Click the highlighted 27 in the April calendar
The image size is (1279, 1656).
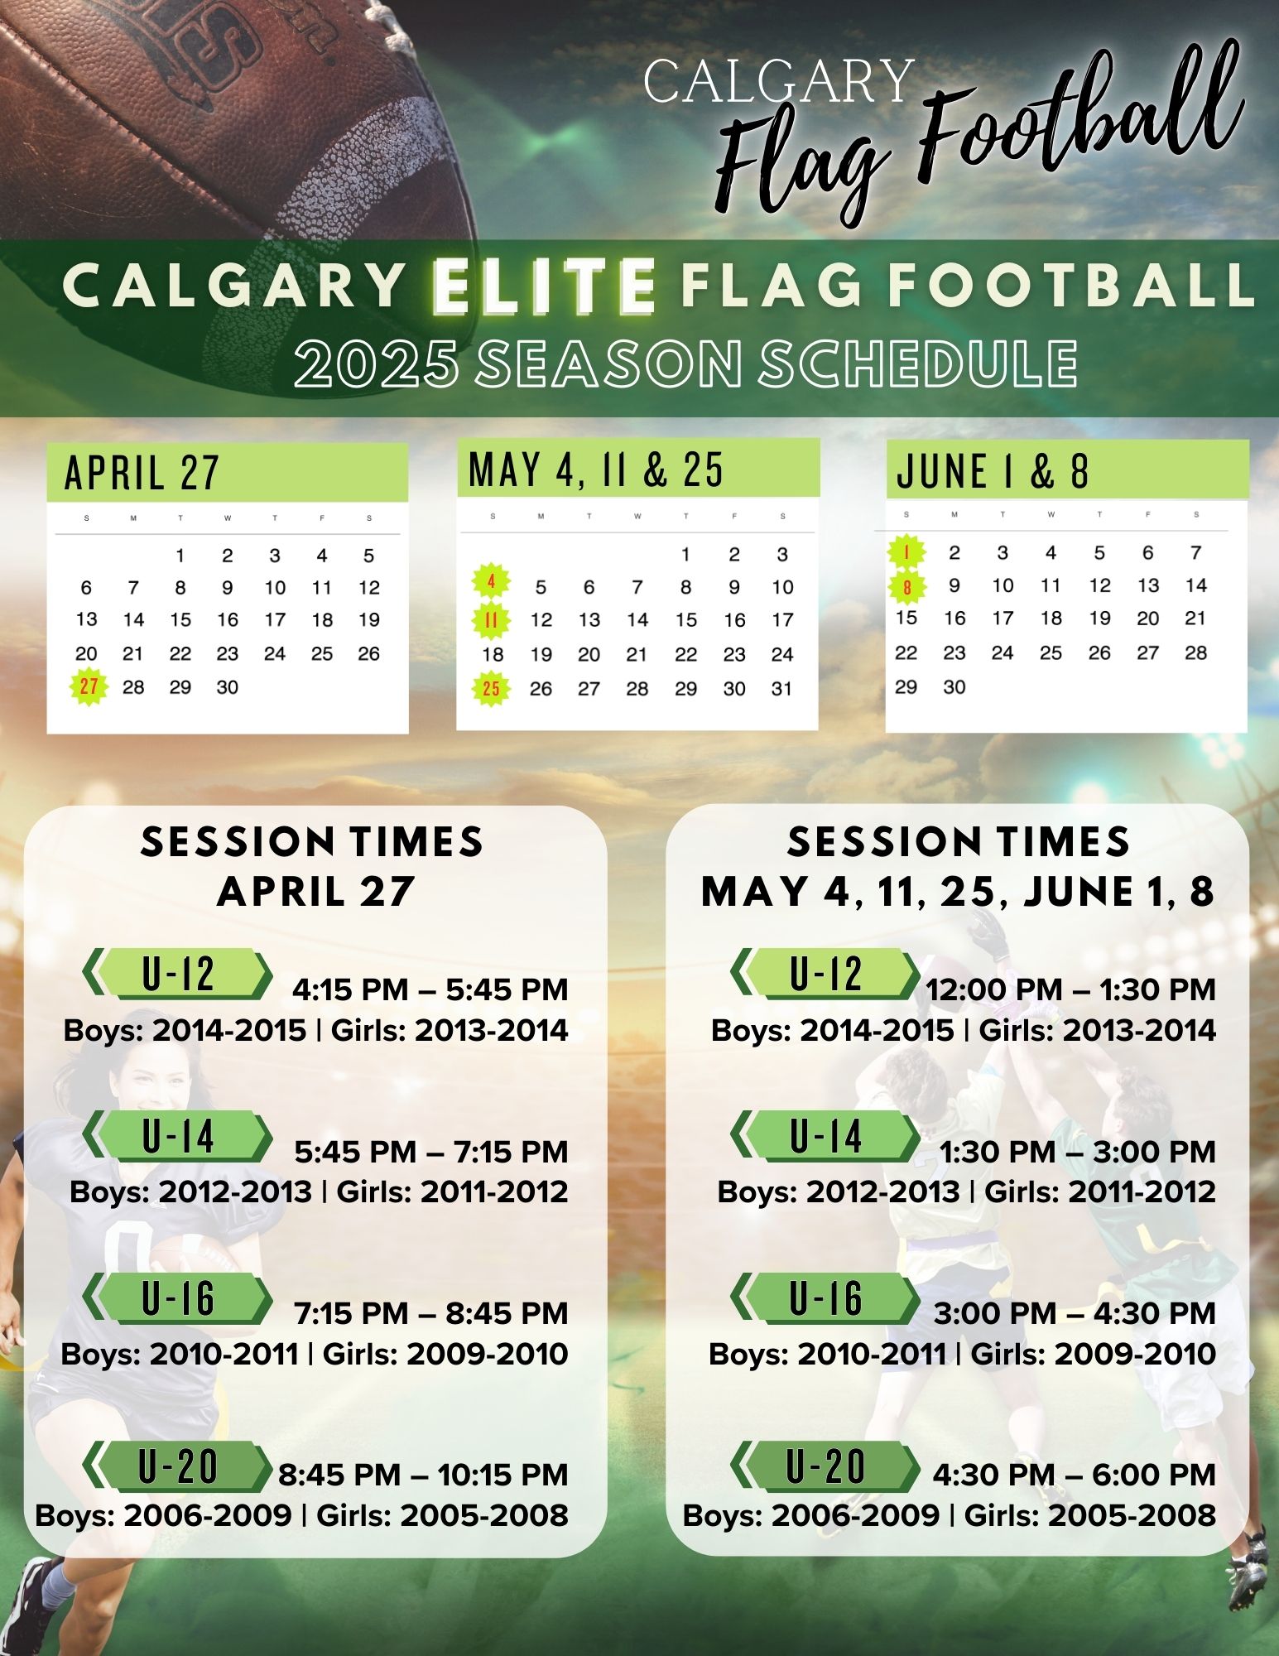tap(89, 686)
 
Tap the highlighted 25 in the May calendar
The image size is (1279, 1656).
tap(491, 688)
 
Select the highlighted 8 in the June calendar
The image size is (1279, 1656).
tap(907, 587)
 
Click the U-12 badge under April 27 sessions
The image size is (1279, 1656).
tap(177, 974)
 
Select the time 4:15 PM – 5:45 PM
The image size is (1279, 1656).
tap(430, 989)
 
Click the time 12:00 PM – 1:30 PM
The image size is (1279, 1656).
tap(1070, 989)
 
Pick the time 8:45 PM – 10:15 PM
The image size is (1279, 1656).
tap(423, 1474)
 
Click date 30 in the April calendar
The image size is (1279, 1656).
tap(227, 687)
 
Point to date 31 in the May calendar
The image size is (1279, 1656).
tap(781, 688)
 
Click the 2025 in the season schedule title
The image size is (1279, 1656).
tap(377, 363)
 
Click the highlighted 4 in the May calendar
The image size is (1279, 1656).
tap(491, 582)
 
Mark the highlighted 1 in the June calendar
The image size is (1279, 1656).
tap(907, 551)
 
